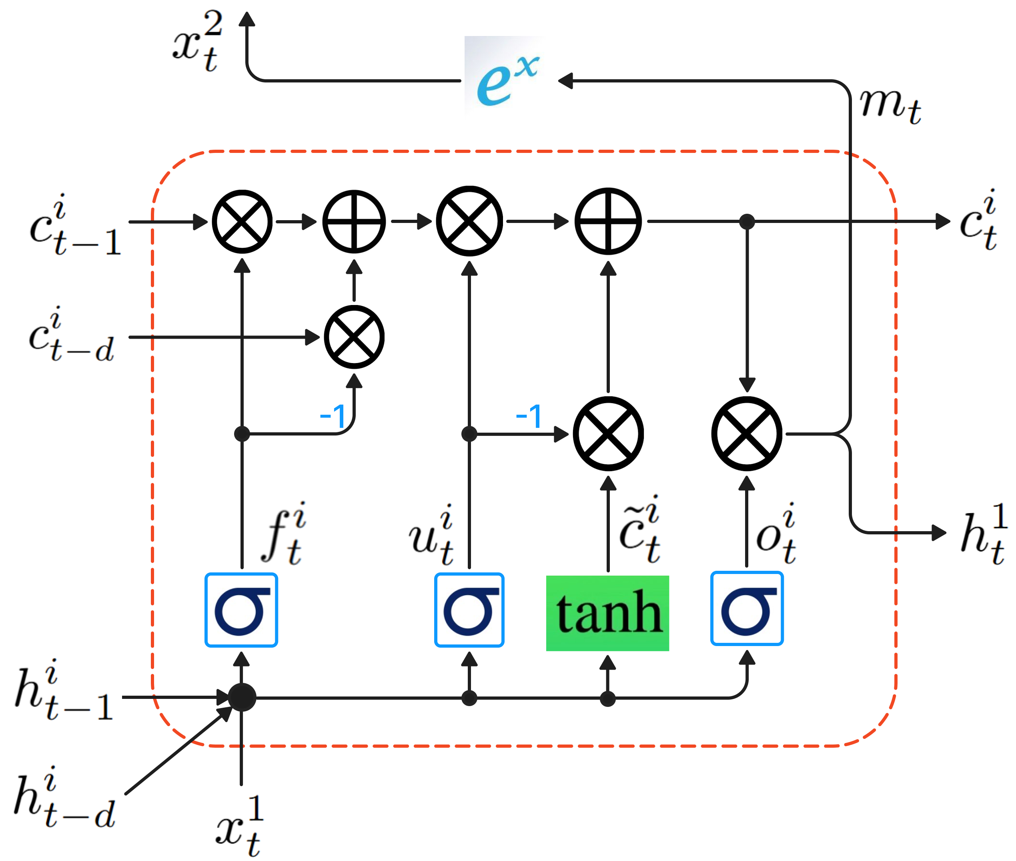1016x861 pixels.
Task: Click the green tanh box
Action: [607, 613]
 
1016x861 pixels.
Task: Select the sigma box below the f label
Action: [241, 610]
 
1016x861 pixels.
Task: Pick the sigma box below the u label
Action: [469, 610]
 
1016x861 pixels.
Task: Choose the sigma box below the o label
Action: [746, 609]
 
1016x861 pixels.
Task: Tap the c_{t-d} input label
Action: [71, 336]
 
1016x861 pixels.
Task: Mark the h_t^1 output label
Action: [982, 534]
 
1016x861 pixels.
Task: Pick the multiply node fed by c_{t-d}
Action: [354, 337]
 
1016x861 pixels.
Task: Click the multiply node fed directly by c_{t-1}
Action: [242, 222]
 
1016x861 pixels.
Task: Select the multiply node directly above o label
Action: [746, 434]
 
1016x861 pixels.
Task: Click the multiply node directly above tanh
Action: [607, 434]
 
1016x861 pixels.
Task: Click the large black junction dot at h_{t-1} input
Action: [242, 697]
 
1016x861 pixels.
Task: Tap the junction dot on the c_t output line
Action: [747, 222]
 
